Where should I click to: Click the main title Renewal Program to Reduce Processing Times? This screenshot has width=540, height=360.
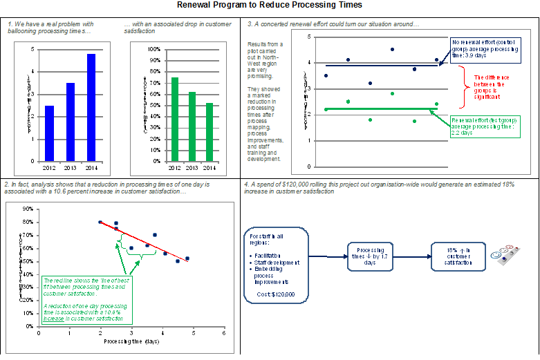coord(270,6)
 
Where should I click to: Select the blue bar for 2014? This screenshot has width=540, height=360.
coord(91,107)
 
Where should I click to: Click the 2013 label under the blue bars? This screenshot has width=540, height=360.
coord(70,167)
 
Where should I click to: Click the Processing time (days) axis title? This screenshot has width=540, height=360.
coord(131,341)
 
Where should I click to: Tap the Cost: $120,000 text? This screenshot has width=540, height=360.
coord(275,294)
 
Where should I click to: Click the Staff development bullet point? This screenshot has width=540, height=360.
coord(277,263)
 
